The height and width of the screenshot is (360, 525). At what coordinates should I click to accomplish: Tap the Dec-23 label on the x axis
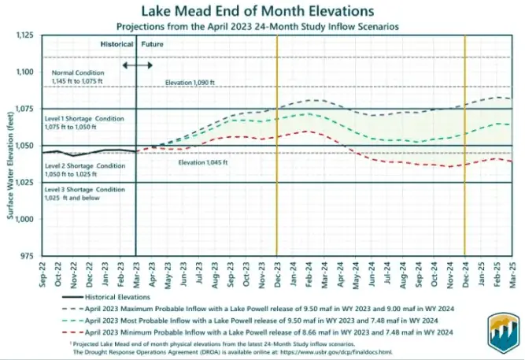pyautogui.click(x=276, y=273)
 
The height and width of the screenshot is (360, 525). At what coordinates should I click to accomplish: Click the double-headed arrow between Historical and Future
pyautogui.click(x=139, y=63)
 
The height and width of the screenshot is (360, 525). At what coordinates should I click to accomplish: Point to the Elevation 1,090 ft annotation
pyautogui.click(x=190, y=82)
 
